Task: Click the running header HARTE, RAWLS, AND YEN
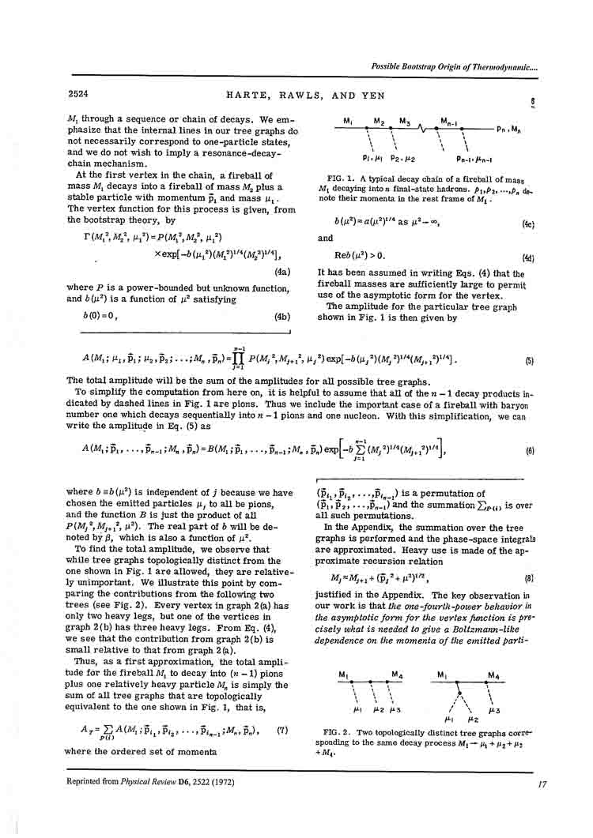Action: (296, 96)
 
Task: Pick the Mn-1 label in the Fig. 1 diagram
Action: (451, 120)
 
